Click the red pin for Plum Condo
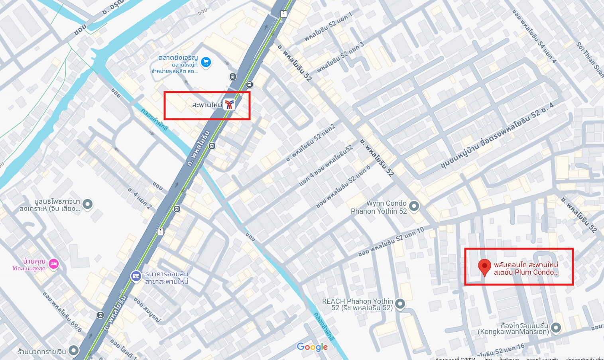[484, 266]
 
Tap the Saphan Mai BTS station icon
[229, 105]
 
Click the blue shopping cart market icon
[206, 62]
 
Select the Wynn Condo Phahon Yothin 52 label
[379, 207]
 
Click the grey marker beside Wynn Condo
[414, 206]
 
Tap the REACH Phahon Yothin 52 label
[357, 304]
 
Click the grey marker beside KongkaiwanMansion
[556, 328]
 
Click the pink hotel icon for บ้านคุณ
[53, 264]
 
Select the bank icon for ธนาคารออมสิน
[136, 276]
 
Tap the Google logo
[312, 347]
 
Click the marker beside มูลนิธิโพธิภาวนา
[87, 205]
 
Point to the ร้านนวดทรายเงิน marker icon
[73, 351]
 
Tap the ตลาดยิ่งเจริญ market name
[178, 57]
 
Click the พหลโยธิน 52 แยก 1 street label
[329, 27]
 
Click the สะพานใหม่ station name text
[207, 105]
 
